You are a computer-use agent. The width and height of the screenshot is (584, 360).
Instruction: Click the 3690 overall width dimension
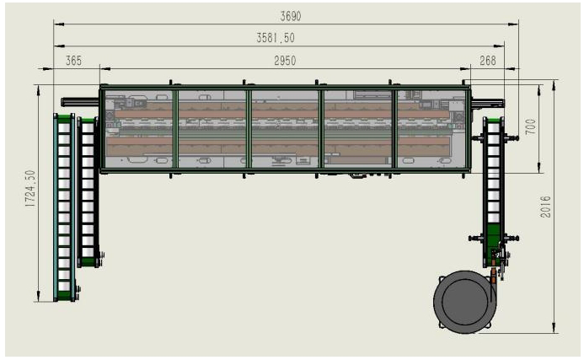[x=291, y=16]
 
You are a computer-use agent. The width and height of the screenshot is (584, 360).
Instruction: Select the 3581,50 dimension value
[x=276, y=38]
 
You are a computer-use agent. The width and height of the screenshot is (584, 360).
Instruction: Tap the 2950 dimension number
[x=285, y=61]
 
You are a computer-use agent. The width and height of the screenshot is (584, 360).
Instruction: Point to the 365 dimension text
[x=74, y=61]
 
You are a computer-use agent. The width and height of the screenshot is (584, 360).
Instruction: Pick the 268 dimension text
[x=488, y=61]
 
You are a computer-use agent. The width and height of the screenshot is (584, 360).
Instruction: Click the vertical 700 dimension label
[x=530, y=126]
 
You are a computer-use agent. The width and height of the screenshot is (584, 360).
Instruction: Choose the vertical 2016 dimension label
[x=545, y=207]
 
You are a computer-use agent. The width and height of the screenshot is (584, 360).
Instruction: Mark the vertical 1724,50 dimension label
[x=30, y=189]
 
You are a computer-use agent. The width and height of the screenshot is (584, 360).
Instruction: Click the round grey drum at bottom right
[x=465, y=302]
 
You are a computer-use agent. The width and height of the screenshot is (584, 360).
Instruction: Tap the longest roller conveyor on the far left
[x=64, y=207]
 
